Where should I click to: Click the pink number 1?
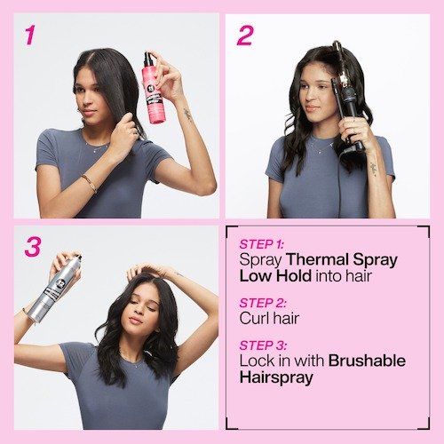(30, 36)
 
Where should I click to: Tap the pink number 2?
(244, 36)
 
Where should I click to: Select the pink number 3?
(33, 247)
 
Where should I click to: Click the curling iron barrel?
(344, 67)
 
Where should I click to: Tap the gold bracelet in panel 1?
(89, 183)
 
